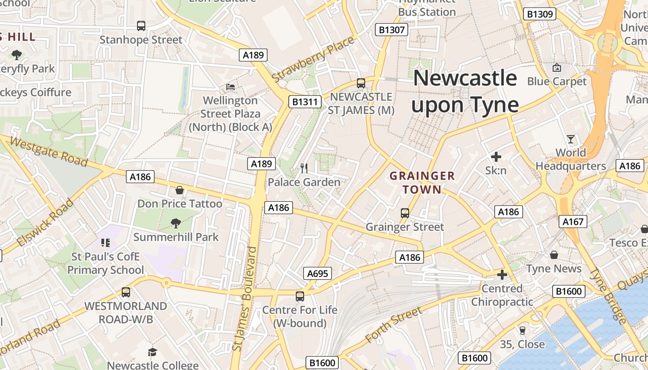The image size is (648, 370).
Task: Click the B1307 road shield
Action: pos(392,30)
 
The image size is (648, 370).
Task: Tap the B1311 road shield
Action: pos(305,102)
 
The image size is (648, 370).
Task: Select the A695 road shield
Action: pos(318,273)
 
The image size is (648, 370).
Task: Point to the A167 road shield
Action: pos(573,222)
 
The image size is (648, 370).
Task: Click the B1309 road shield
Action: pos(540,14)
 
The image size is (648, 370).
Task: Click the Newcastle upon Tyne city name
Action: pos(465,92)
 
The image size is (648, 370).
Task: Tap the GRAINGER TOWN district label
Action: pos(422,183)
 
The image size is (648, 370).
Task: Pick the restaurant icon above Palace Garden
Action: pos(304,168)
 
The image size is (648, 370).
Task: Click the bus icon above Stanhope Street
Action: pos(141,26)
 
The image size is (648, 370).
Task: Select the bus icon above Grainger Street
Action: pos(405,213)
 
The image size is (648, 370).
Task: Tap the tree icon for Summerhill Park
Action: pos(175,224)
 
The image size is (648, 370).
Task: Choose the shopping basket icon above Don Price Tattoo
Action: pos(180,190)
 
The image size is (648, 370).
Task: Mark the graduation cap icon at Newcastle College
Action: pos(153,352)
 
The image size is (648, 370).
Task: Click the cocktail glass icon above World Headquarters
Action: pos(571,139)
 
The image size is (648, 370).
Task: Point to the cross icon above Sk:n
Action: pos(496,157)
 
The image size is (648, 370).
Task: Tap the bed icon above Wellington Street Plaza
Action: pos(231,86)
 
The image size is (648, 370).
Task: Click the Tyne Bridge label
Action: pos(609,296)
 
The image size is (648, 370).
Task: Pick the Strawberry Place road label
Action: pos(313,59)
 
